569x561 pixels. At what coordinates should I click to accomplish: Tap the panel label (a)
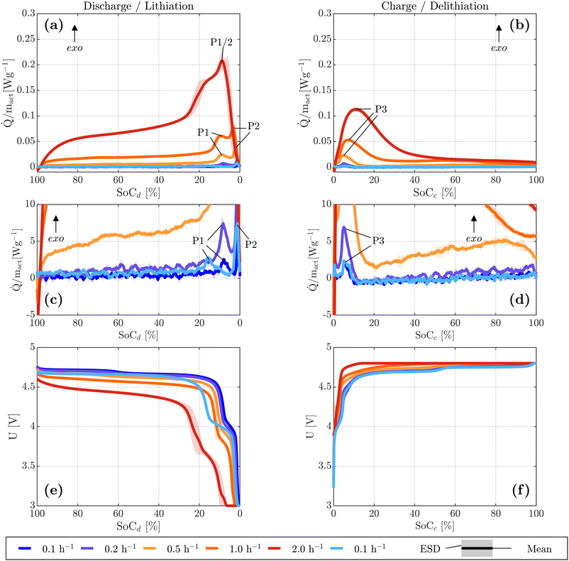(x=53, y=26)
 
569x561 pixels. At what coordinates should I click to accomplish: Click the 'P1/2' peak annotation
(x=222, y=42)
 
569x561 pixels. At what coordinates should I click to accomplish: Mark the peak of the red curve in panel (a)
(x=223, y=61)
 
